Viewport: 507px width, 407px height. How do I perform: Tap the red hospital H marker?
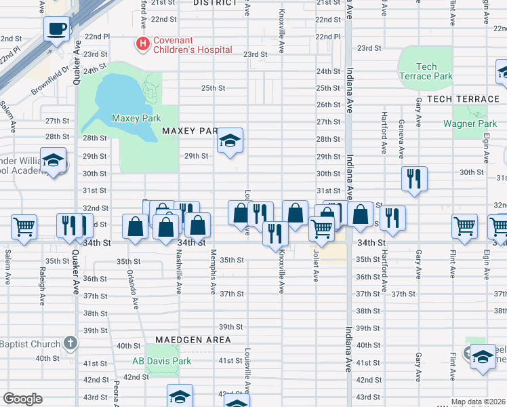(x=143, y=43)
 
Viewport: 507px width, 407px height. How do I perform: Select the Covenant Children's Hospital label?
(x=192, y=45)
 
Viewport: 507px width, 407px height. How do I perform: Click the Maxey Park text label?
(x=136, y=118)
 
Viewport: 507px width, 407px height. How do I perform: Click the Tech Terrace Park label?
(x=426, y=71)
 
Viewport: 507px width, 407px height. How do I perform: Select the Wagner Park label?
(x=470, y=123)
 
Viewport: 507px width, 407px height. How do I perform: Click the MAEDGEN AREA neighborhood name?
(x=192, y=339)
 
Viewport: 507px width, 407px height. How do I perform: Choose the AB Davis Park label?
(x=161, y=361)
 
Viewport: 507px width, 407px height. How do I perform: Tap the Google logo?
(x=23, y=399)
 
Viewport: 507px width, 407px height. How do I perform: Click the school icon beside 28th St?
(x=230, y=140)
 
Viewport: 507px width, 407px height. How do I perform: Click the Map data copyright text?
(x=479, y=402)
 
